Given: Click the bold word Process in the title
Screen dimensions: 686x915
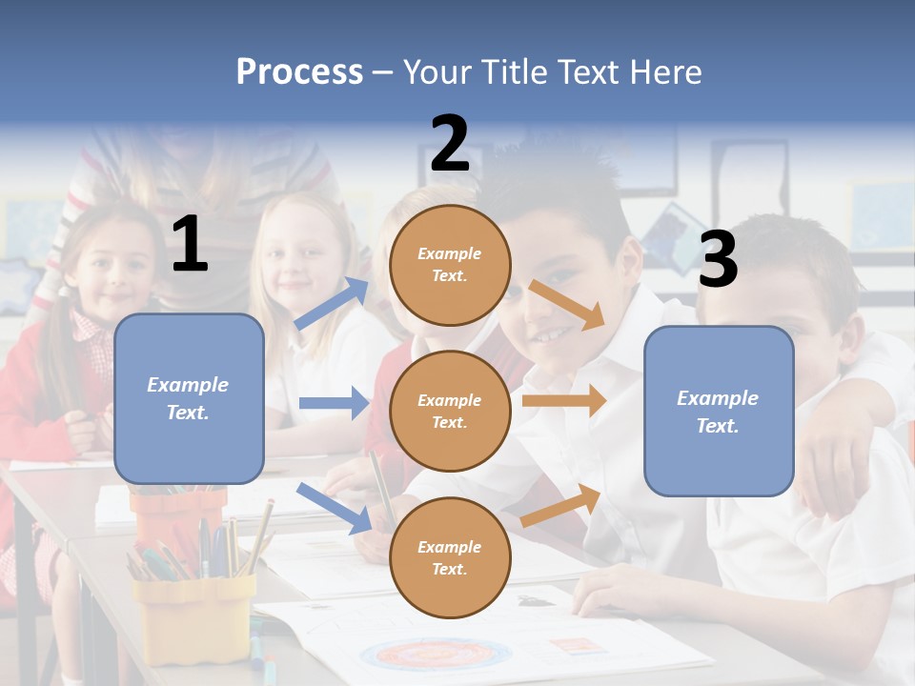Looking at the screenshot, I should click(x=299, y=72).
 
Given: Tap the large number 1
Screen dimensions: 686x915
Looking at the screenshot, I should click(x=190, y=245).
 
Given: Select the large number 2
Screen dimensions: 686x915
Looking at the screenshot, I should click(x=450, y=144).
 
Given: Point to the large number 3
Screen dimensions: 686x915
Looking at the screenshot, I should click(x=718, y=259).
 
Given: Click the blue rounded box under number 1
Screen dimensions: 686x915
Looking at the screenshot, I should click(x=189, y=398).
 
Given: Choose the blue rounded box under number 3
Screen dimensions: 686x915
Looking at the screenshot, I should click(x=719, y=411).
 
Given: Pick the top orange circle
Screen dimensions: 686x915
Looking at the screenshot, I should click(x=450, y=264).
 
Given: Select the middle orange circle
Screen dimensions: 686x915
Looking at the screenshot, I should click(x=450, y=411).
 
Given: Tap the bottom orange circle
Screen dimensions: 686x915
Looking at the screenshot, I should click(x=450, y=557).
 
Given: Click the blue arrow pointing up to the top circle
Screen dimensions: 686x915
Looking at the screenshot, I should click(x=332, y=304).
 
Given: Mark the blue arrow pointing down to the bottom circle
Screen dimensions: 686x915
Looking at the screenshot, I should click(x=335, y=507).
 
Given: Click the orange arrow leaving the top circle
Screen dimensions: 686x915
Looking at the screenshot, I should click(x=567, y=304).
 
